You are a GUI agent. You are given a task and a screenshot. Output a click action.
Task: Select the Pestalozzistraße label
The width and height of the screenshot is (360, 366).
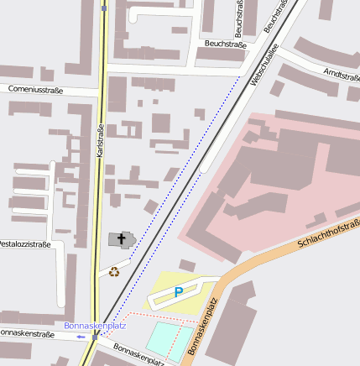pos(23,244)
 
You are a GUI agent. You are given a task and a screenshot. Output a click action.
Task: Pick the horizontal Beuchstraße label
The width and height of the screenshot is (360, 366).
pos(224,43)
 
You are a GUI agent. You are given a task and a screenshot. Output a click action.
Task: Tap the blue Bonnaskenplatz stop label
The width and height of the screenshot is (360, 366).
pos(95,325)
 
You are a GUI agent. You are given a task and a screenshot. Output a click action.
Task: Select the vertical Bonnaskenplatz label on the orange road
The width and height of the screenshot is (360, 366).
pos(196,330)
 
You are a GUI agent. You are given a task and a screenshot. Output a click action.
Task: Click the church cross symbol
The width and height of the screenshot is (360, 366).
pos(122,240)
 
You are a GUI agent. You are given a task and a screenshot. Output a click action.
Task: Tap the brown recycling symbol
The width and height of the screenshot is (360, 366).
pos(114,271)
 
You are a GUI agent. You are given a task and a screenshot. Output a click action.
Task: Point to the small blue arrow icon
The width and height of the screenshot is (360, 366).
pos(81,337)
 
